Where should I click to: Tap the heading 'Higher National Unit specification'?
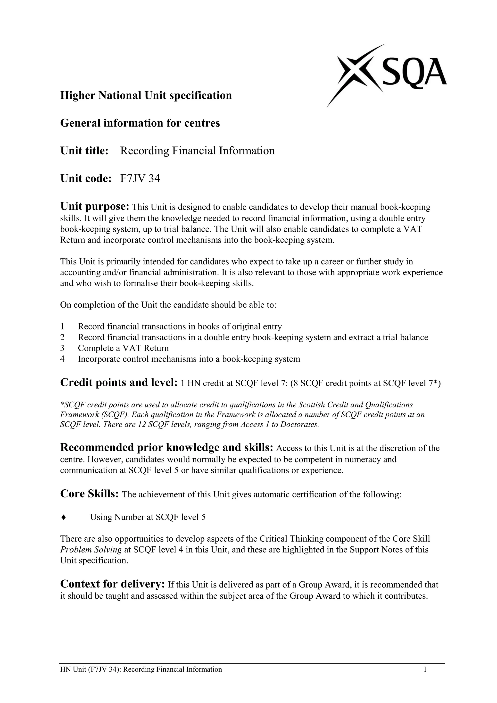(x=146, y=96)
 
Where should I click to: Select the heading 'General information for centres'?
(x=140, y=123)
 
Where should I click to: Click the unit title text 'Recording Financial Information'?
(x=197, y=151)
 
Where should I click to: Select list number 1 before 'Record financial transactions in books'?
(x=62, y=327)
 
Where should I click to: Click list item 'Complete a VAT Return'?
(x=123, y=348)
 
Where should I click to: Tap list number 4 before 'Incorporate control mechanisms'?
(x=62, y=359)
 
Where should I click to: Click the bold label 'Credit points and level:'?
(x=119, y=382)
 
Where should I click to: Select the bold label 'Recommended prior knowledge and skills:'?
(x=166, y=448)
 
